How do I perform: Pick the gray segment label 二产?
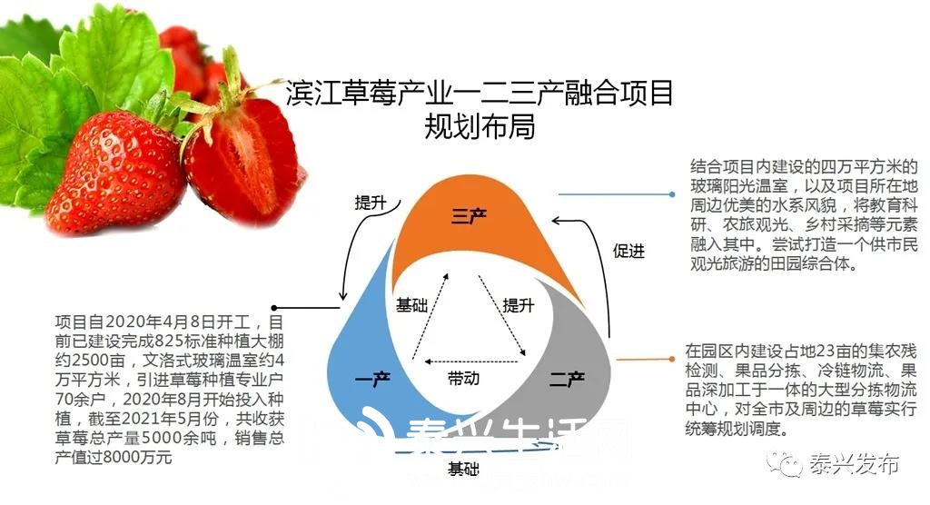click(566, 379)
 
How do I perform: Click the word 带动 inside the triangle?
click(463, 377)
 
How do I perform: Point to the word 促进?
click(628, 252)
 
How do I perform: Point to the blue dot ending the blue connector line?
click(670, 194)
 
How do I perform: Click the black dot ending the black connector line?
click(273, 308)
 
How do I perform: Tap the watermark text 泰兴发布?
click(854, 466)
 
